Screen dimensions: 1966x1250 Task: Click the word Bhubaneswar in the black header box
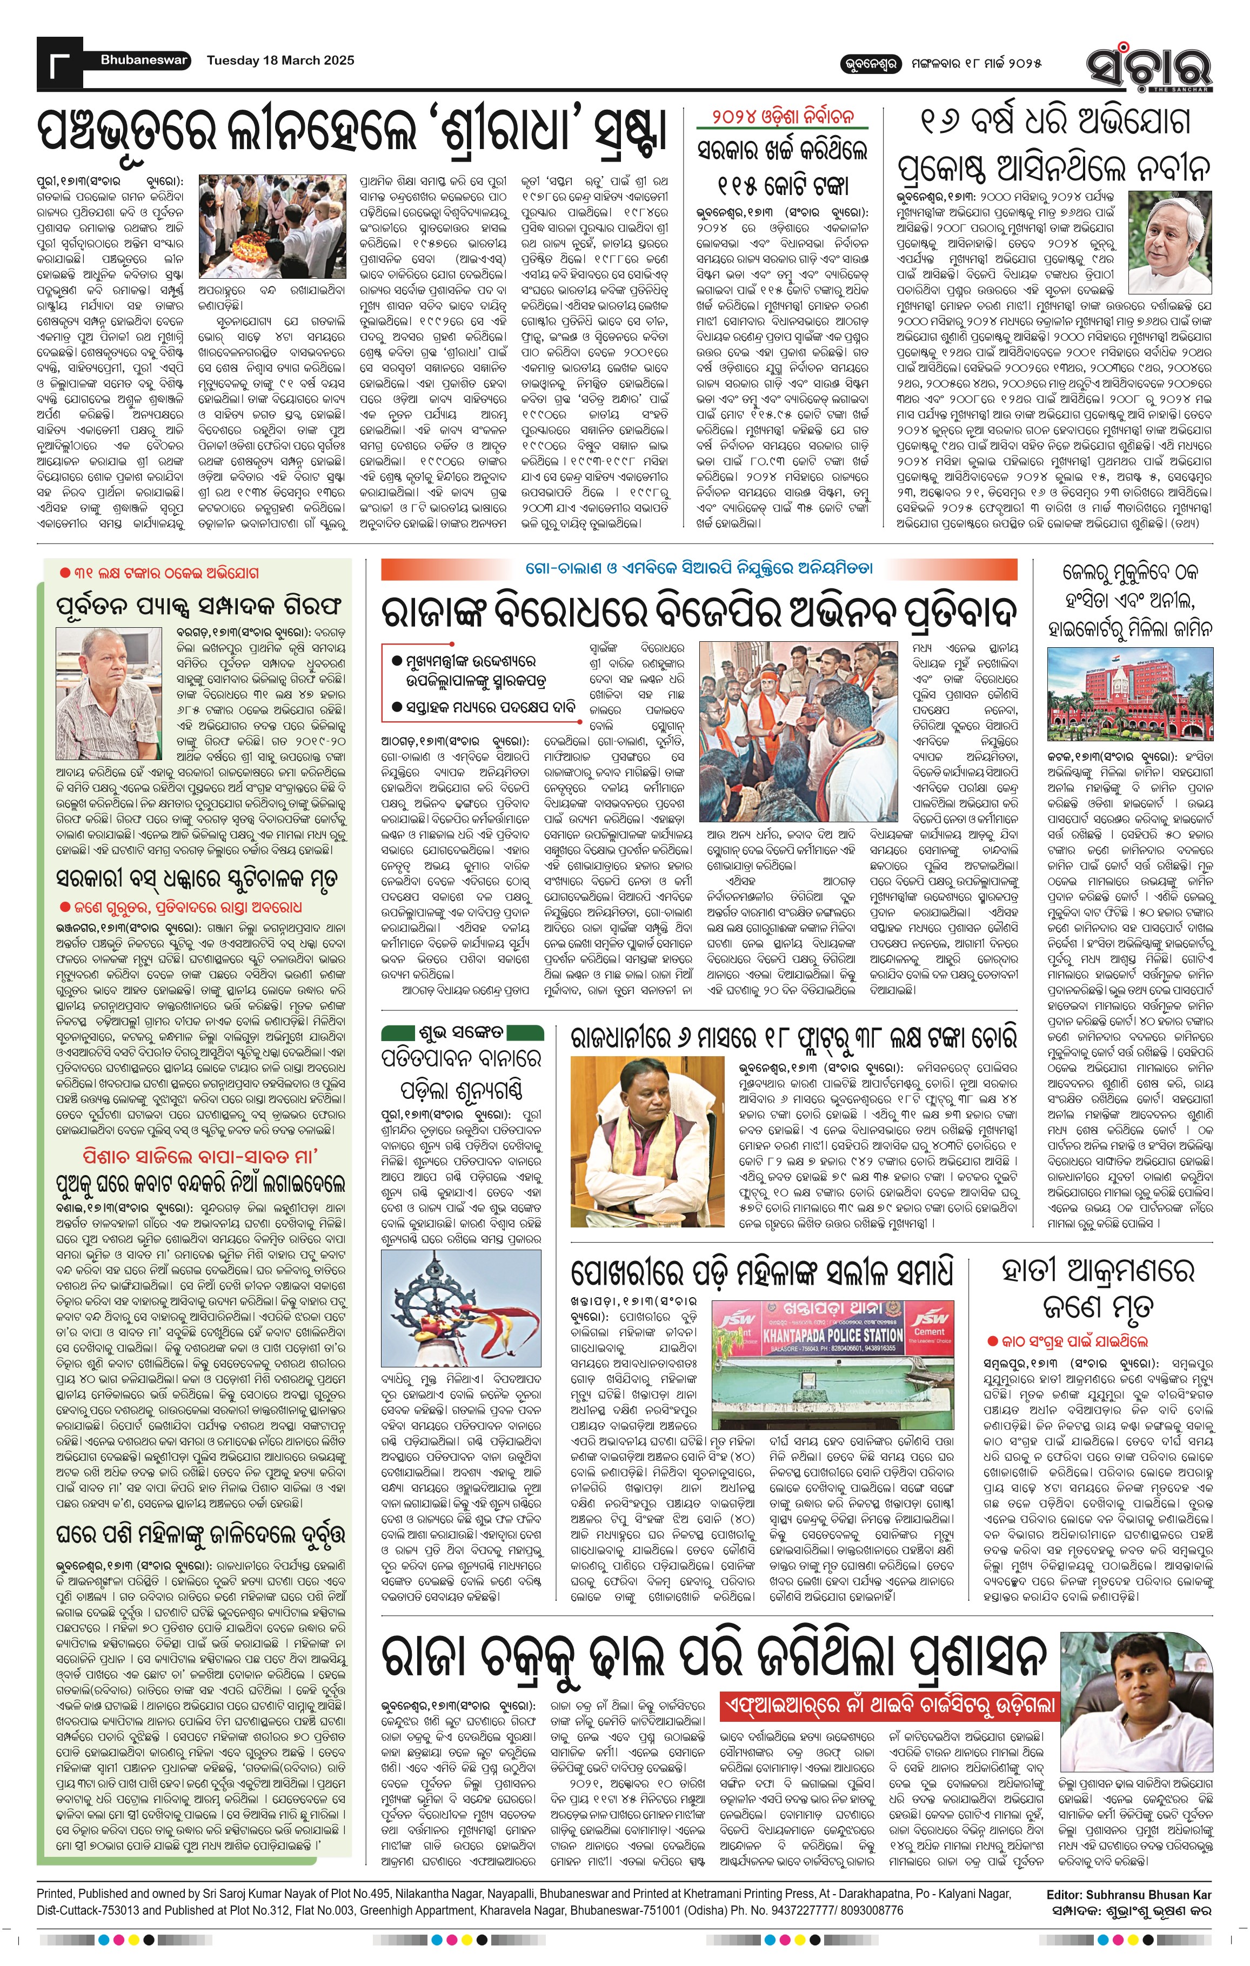point(144,59)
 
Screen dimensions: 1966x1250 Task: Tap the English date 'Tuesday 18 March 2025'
point(280,61)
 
